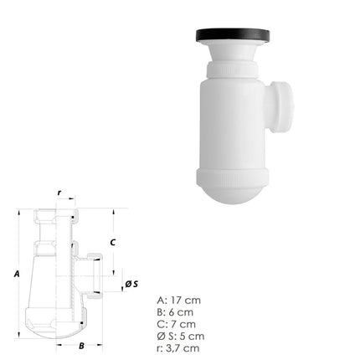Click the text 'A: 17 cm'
pos(179,299)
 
